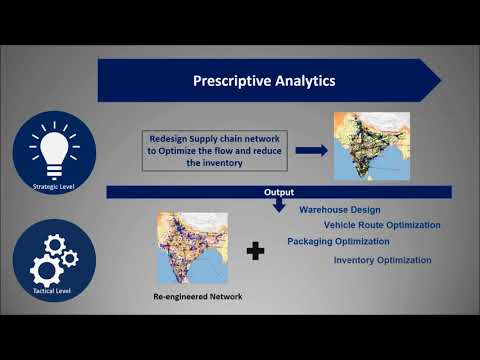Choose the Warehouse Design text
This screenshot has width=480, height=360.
[339, 210]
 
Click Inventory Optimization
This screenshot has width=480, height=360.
[383, 260]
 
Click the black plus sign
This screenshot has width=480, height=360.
[256, 251]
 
